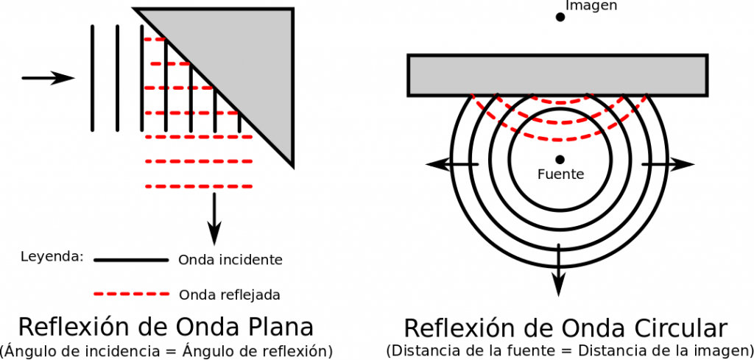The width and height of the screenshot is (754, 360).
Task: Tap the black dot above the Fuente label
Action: coord(560,159)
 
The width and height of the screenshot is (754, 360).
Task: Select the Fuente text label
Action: coord(560,174)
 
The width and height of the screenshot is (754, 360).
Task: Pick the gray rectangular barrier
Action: coord(557,76)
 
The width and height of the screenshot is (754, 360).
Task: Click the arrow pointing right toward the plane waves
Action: coord(49,78)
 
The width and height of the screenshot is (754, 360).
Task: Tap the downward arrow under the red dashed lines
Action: coord(214,219)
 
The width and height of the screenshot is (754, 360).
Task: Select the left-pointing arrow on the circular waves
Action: coord(453,164)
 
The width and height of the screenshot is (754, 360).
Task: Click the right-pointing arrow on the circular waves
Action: coord(669,164)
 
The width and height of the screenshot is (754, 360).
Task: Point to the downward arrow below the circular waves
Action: coord(558,270)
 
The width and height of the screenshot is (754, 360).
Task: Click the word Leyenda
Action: coord(52,257)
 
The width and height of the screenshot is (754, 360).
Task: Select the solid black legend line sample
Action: coord(131,260)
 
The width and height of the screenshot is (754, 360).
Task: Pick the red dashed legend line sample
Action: coord(132,294)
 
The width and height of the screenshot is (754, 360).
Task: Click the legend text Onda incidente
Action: coord(230,260)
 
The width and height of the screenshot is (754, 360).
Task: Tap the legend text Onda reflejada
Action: coord(230,294)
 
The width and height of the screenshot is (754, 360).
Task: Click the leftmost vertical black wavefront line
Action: coord(92,78)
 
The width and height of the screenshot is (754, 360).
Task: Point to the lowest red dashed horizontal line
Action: coord(199,186)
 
